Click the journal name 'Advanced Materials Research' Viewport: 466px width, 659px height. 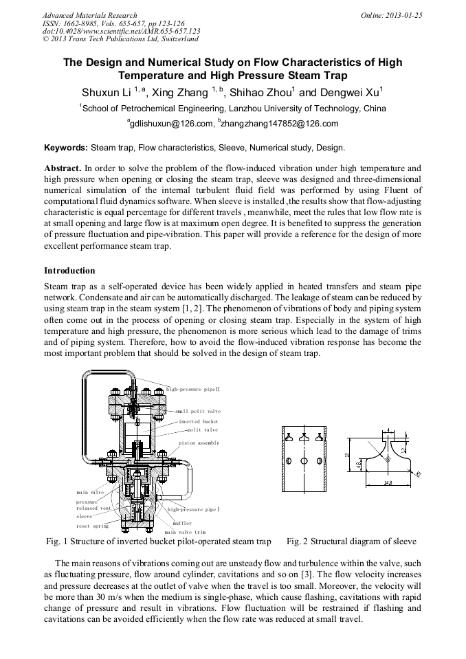point(89,15)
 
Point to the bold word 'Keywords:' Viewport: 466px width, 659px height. point(66,148)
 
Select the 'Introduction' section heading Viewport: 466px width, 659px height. point(69,271)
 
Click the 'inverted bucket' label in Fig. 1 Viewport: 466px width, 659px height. point(199,421)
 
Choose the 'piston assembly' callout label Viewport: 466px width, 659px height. point(199,443)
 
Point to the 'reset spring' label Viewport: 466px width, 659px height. point(92,526)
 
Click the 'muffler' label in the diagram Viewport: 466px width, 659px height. point(182,523)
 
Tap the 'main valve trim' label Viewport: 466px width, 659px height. point(185,532)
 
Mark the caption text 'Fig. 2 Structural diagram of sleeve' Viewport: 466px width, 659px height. point(351,541)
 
